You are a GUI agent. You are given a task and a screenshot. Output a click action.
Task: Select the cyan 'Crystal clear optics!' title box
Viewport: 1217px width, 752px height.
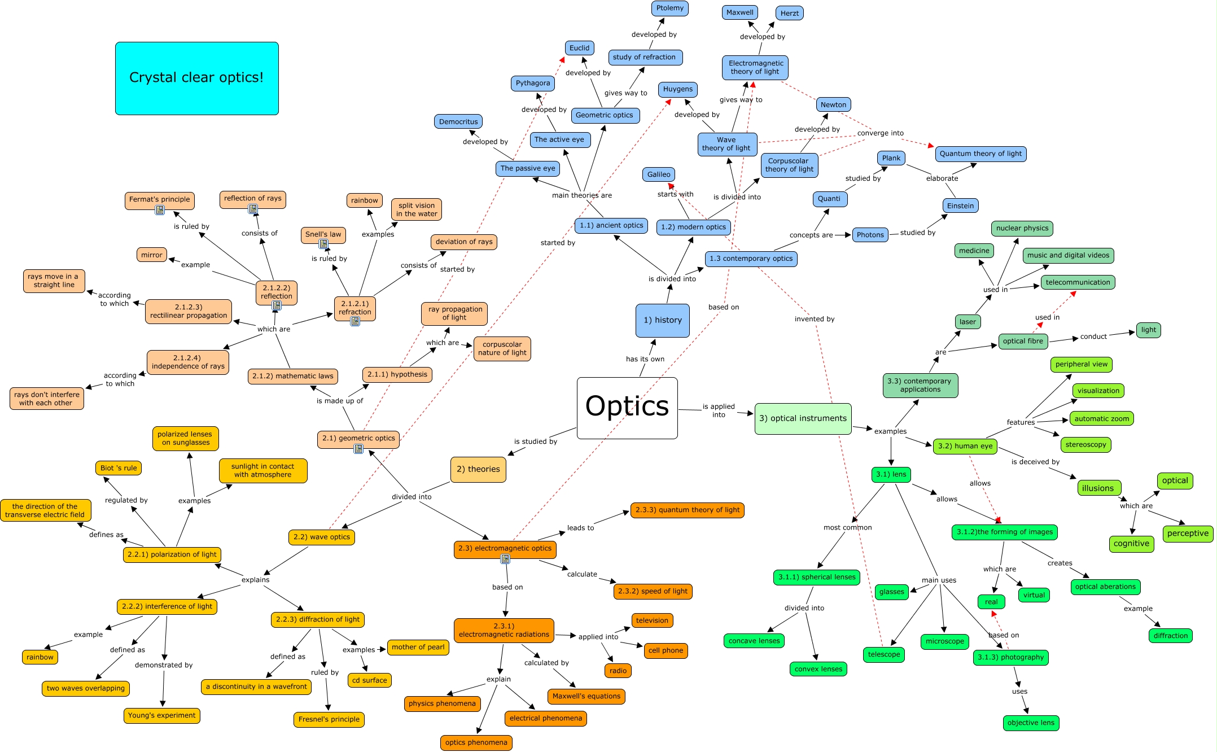[196, 78]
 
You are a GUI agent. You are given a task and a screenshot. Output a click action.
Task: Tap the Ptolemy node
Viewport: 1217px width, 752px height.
[669, 8]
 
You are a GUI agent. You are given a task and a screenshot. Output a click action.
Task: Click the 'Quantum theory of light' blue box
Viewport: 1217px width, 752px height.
[980, 154]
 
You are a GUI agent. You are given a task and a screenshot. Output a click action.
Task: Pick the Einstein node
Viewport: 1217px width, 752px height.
[960, 206]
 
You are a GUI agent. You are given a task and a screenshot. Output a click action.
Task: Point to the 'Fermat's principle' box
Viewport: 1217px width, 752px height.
[160, 199]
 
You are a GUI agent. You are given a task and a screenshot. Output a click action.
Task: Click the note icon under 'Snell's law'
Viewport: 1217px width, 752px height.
[323, 244]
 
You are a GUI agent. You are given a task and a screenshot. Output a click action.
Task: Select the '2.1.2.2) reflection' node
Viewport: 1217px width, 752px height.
[277, 292]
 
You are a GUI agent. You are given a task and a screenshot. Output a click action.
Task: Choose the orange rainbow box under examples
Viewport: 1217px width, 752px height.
[364, 200]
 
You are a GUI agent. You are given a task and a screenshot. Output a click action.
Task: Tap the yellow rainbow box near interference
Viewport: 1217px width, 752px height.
[40, 657]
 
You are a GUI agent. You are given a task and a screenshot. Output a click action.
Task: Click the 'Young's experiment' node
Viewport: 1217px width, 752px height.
[162, 715]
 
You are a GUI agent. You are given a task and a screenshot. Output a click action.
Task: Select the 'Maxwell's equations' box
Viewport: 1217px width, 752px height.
[586, 696]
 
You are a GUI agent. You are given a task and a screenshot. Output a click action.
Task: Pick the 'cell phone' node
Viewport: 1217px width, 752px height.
[666, 650]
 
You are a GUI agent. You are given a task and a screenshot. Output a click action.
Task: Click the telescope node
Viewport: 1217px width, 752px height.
[884, 654]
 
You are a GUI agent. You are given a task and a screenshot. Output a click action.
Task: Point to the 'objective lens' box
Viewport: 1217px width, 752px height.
[1031, 723]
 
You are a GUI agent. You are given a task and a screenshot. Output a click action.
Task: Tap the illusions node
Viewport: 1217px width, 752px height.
[1098, 488]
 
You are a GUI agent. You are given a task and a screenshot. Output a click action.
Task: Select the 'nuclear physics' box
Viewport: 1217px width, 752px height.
[1022, 228]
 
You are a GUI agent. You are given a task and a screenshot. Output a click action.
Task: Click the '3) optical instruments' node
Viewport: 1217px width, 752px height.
[803, 418]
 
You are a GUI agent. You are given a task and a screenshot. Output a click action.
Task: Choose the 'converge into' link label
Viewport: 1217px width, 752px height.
[880, 133]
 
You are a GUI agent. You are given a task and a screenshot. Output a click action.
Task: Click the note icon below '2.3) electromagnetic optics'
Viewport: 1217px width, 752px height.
[505, 559]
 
